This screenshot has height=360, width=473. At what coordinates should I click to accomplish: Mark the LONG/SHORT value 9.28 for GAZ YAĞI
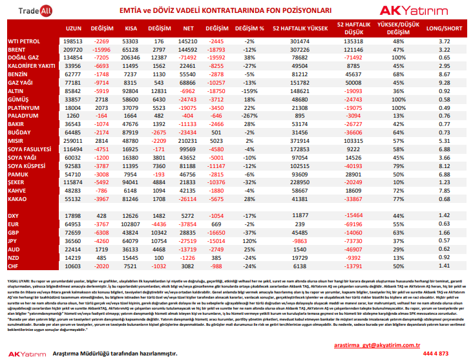[443, 83]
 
